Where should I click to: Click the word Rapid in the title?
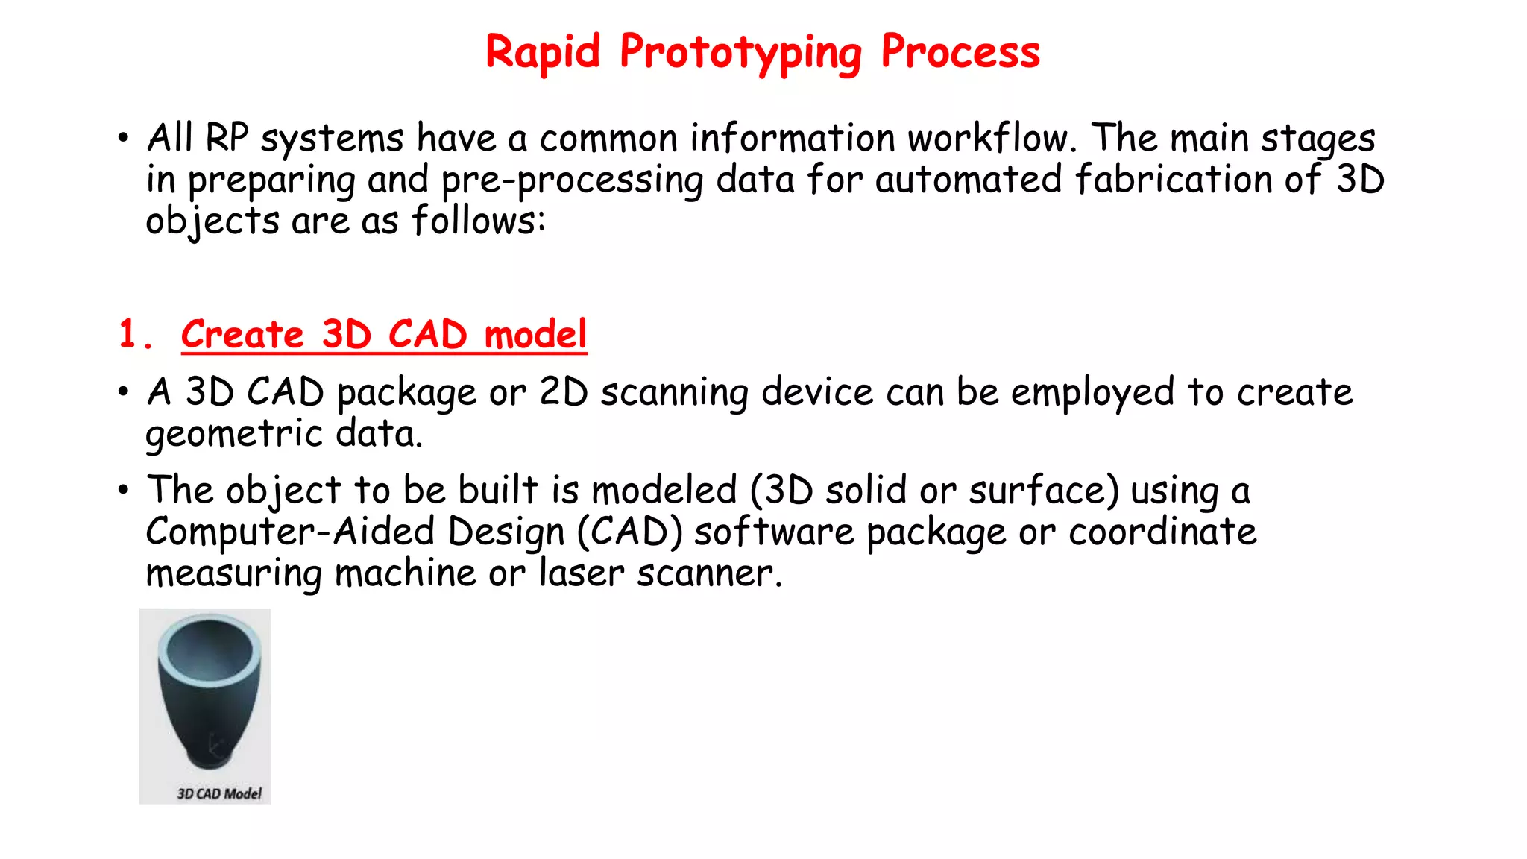point(542,52)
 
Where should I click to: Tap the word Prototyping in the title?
point(740,54)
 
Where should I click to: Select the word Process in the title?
point(960,52)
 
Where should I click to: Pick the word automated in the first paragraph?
point(968,180)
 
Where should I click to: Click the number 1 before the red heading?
point(128,333)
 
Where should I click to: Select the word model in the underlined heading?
point(535,334)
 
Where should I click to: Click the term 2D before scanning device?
point(564,392)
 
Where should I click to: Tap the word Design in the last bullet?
point(506,532)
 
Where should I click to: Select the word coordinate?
point(1162,532)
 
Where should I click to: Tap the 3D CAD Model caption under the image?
point(219,794)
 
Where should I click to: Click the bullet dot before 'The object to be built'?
point(123,491)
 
